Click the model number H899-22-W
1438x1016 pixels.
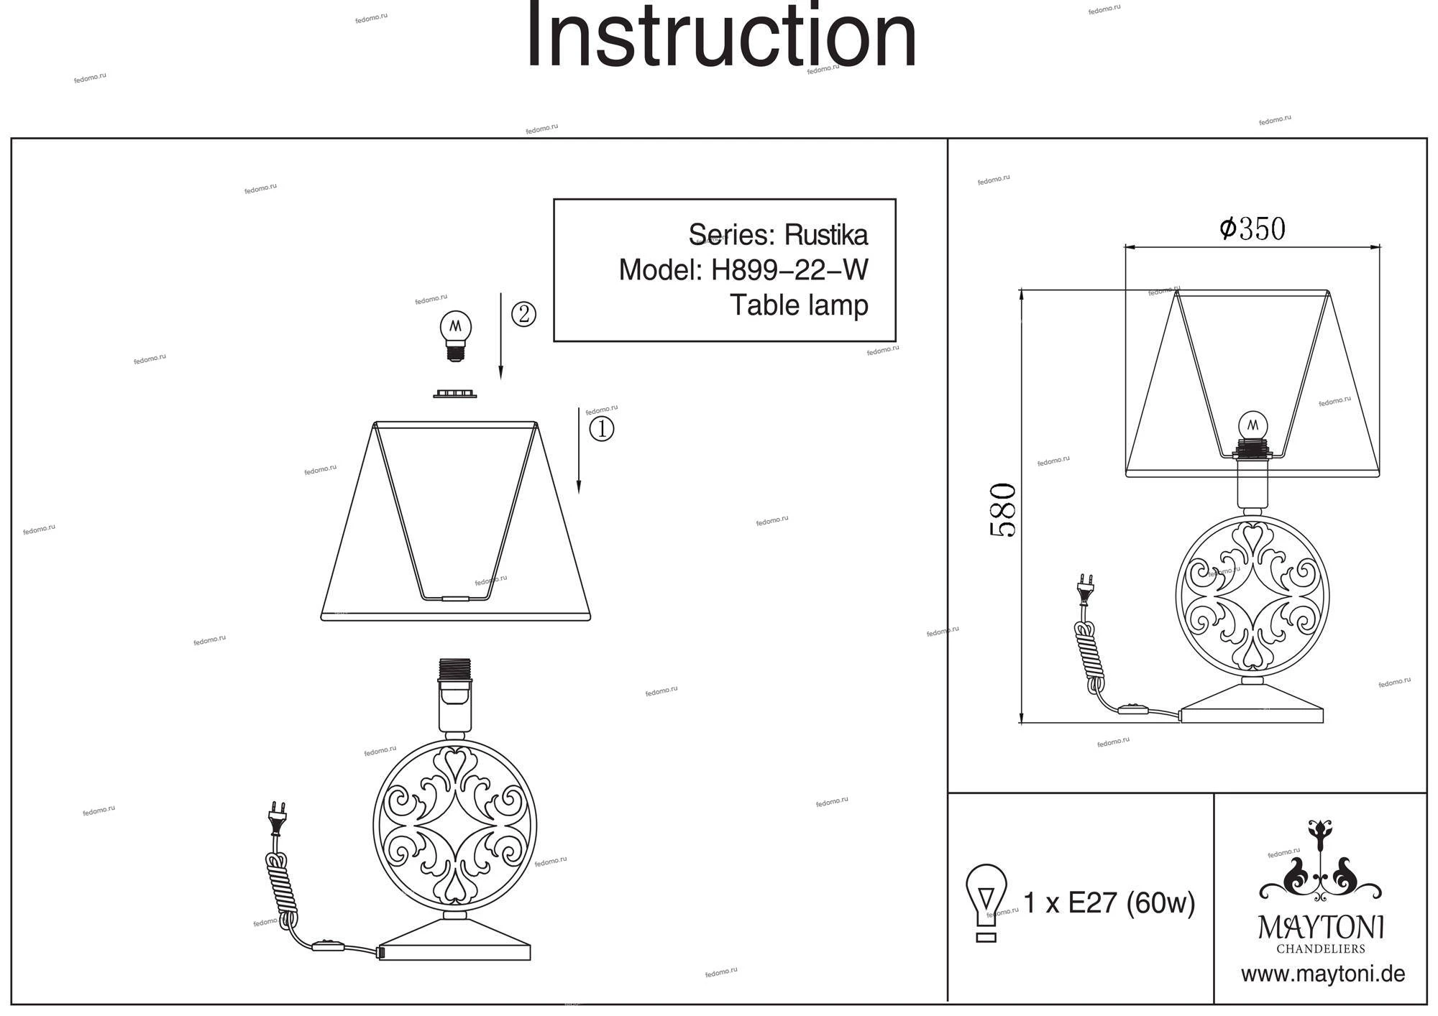[x=789, y=271]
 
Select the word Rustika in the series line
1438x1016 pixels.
[x=825, y=235]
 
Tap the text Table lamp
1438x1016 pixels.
[x=799, y=305]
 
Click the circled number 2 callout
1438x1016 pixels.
[x=523, y=314]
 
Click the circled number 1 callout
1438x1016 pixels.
[x=602, y=429]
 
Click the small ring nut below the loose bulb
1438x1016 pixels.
[x=454, y=393]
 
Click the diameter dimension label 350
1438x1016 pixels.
[x=1252, y=229]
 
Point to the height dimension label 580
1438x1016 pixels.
[x=1003, y=510]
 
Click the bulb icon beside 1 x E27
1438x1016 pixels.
[x=986, y=902]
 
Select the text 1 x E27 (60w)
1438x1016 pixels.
[x=1109, y=903]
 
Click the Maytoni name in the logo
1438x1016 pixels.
[x=1321, y=928]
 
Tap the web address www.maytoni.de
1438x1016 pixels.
[x=1322, y=975]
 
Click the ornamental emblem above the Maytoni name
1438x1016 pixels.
[x=1320, y=862]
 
